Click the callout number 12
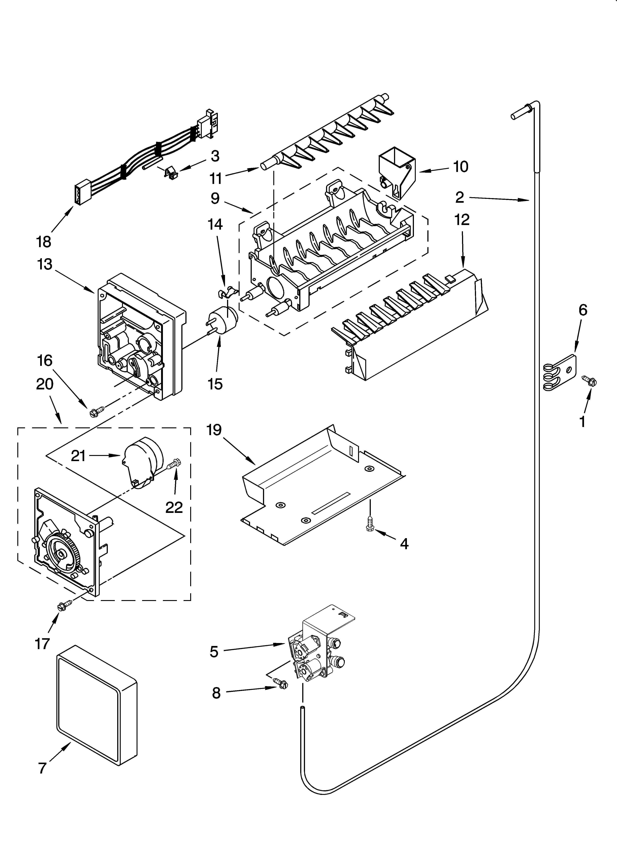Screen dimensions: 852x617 (462, 220)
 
